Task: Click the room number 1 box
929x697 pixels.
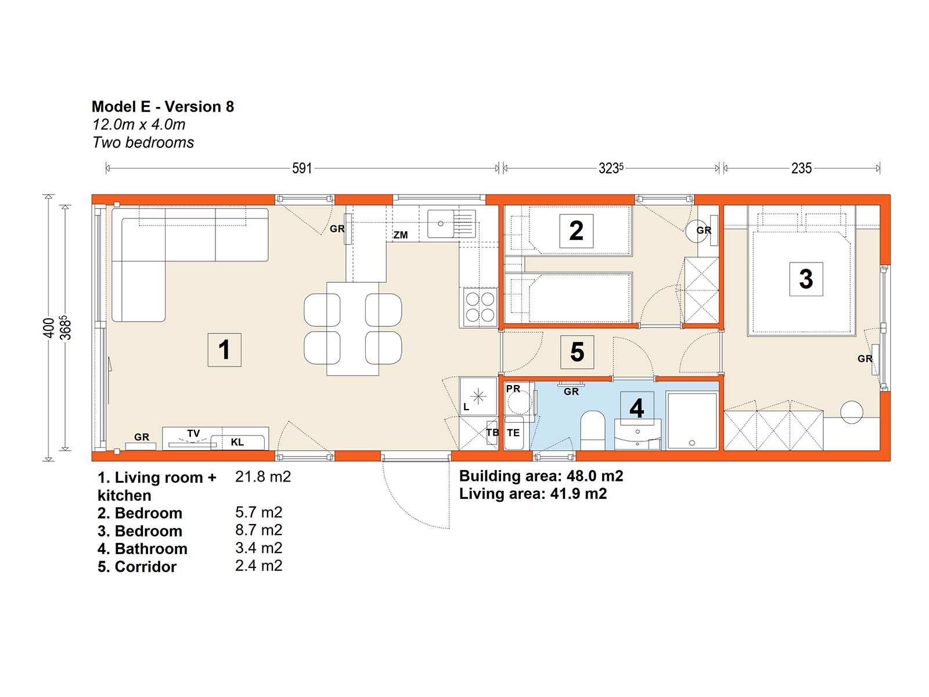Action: [224, 350]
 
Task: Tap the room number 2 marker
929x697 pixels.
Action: [576, 231]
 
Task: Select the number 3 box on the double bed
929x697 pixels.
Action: [806, 279]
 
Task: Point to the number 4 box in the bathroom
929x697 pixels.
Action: [636, 407]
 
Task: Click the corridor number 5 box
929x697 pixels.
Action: [577, 351]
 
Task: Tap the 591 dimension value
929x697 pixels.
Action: [302, 168]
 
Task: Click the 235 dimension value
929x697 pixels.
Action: [801, 168]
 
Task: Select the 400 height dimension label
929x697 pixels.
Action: [49, 328]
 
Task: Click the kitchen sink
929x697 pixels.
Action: [451, 224]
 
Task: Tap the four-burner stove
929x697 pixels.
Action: [480, 307]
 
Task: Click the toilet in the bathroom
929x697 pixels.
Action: [593, 430]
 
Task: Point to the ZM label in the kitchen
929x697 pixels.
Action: [401, 235]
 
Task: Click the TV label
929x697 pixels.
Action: [193, 433]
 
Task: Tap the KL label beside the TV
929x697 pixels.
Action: [237, 442]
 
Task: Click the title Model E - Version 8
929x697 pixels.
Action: [163, 107]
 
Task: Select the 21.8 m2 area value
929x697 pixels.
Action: [263, 477]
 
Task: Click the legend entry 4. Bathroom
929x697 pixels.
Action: [142, 549]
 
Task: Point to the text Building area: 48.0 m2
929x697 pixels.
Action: [541, 476]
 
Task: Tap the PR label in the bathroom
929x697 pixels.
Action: [513, 389]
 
